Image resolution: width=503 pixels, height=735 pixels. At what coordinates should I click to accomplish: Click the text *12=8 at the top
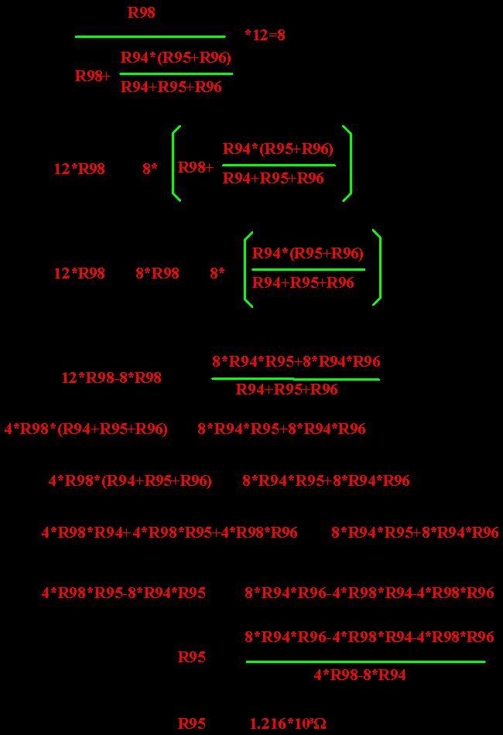[265, 35]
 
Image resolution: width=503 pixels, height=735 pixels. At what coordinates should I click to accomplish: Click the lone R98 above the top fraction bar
[141, 12]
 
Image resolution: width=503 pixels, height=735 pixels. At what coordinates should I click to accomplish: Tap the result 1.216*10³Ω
[288, 723]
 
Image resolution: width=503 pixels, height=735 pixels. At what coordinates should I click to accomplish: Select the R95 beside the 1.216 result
[192, 723]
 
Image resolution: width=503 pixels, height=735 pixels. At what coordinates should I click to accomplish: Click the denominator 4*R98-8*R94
[360, 675]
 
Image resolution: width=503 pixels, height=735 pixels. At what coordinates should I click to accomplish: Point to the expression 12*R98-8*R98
[111, 378]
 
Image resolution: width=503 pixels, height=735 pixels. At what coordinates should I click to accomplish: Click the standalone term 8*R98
[158, 273]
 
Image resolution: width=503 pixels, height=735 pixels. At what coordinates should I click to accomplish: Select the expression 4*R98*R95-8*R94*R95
[124, 593]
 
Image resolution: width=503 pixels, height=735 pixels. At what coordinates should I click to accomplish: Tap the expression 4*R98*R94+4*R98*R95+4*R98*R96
[169, 532]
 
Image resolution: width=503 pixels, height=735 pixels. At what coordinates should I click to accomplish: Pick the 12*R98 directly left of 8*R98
[80, 273]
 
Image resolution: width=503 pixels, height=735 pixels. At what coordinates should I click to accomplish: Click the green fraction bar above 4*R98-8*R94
[366, 661]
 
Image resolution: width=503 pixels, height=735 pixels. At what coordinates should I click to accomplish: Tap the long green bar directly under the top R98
[150, 36]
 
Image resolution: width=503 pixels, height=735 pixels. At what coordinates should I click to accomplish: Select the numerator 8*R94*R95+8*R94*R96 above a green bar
[296, 361]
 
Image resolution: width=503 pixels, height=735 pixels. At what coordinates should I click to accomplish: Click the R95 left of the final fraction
[192, 657]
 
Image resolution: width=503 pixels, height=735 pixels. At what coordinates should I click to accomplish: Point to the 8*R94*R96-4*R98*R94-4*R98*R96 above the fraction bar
[369, 637]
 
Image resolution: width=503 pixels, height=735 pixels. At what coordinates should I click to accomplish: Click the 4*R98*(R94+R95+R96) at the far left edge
[86, 429]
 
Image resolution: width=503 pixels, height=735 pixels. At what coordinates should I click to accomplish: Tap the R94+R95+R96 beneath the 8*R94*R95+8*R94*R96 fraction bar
[286, 389]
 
